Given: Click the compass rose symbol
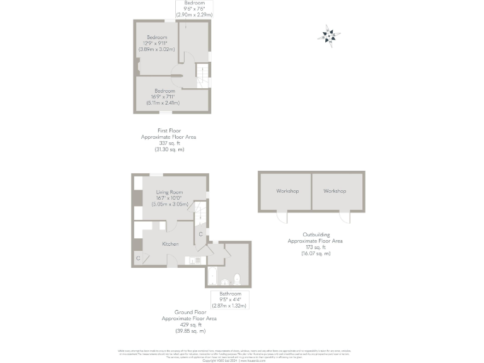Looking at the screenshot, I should pos(330,36).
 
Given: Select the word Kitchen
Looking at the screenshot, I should pos(170,244).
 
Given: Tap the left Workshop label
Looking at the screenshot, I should pos(287,191).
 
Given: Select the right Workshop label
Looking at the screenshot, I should pos(335,191).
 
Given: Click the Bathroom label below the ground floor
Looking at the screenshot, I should pos(230,294).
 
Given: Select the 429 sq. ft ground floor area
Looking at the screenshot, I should pos(183,325).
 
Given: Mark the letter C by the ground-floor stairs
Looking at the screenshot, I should pos(200,234).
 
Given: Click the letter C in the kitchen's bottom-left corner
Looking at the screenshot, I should pos(138,258).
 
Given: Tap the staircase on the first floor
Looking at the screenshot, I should pos(202,76).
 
